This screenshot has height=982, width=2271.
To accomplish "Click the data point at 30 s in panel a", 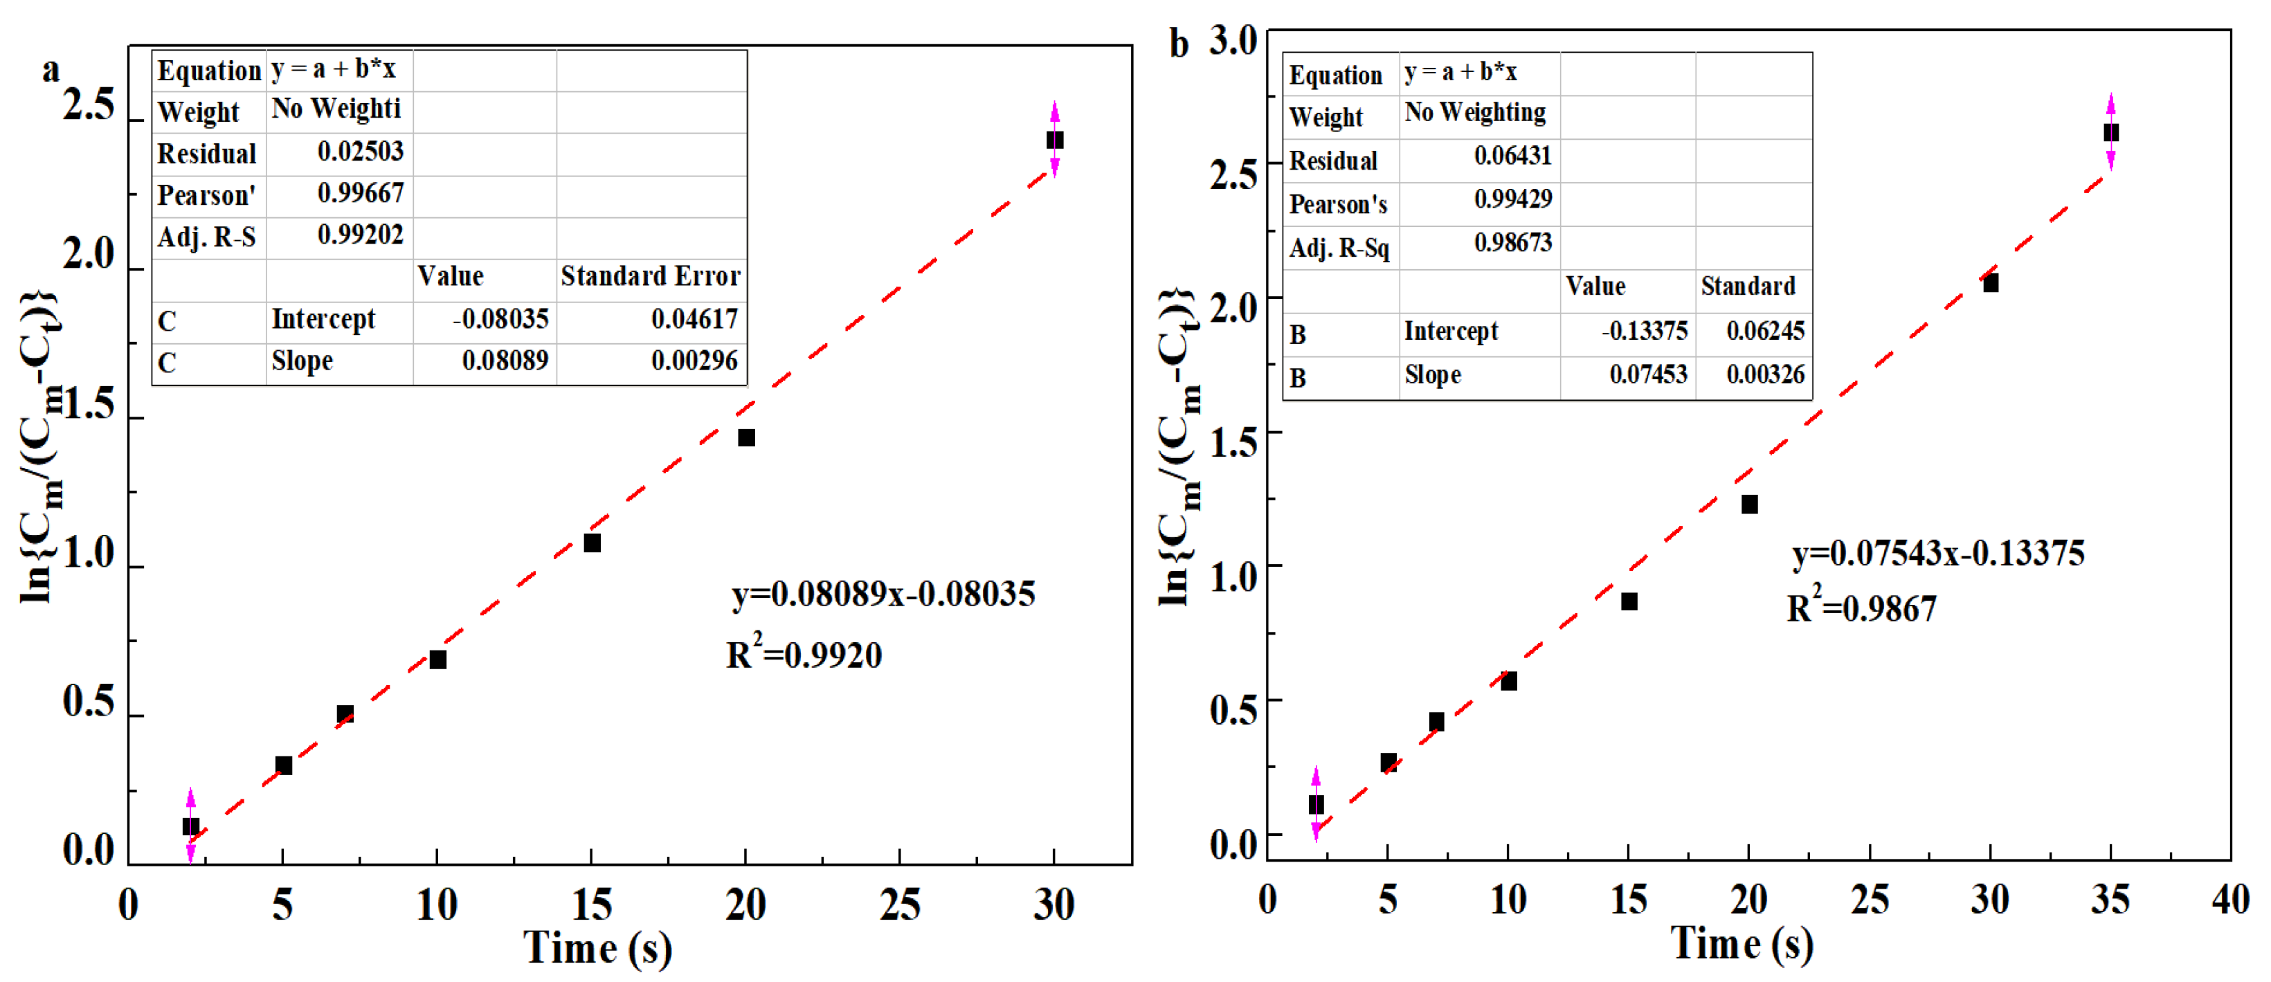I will coord(1054,140).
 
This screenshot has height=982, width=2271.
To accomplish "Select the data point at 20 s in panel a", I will coord(746,438).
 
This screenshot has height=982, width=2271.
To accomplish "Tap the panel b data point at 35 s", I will coord(2110,133).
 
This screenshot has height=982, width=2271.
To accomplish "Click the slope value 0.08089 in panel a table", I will coord(505,361).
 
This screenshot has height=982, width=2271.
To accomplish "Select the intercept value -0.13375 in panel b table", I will coord(1644,331).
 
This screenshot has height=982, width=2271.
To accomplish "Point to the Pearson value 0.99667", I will coord(360,193).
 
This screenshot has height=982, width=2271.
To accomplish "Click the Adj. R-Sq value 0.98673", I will coord(1513,242).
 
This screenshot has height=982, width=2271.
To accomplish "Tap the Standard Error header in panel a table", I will coord(651,277).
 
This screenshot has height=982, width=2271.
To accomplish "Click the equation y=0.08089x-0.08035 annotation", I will coord(883,594).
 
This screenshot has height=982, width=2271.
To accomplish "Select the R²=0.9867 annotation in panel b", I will coord(1861,608).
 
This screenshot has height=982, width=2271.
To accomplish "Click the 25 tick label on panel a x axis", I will coord(899,905).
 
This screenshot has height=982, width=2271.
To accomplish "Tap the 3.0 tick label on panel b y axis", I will coord(1233,41).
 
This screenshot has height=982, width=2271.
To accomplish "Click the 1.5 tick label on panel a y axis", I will coord(89,406).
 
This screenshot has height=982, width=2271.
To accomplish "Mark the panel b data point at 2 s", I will coord(1315,805).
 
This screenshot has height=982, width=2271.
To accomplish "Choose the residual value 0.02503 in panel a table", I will coord(360,152).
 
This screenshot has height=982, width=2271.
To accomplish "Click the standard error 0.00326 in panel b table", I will coord(1765,374).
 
